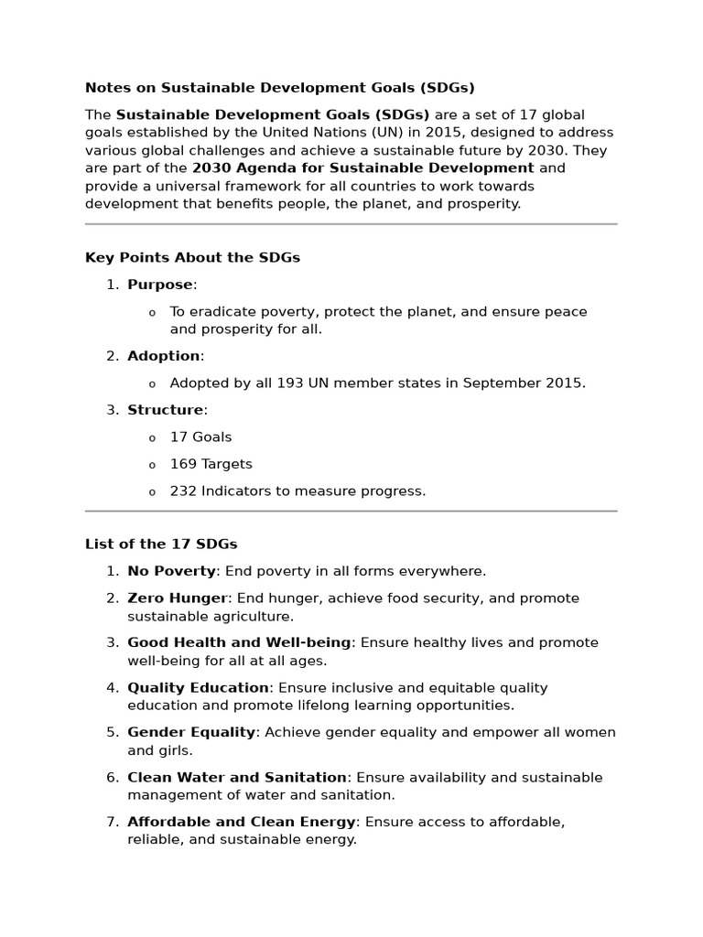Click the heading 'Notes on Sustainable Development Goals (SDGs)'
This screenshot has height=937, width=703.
tap(280, 88)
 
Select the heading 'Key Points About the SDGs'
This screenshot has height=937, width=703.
tap(192, 258)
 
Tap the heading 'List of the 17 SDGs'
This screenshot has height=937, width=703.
tap(161, 544)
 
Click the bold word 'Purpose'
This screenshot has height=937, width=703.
tap(160, 285)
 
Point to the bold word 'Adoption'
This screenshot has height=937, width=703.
tap(164, 356)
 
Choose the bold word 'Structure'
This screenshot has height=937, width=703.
tap(166, 410)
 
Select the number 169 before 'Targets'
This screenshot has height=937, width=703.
tap(183, 464)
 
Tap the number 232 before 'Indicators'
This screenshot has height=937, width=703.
tap(183, 491)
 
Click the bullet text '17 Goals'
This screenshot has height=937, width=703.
tap(200, 437)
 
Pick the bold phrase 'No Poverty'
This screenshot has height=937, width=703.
tap(171, 571)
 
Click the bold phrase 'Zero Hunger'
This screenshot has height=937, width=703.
tap(177, 598)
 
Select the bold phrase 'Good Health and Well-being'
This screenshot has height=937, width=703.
tap(239, 643)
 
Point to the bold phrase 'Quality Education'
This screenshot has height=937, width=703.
tap(198, 688)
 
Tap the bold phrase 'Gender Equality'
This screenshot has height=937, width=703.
tap(191, 733)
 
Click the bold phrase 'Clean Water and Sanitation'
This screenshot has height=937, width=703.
tap(237, 778)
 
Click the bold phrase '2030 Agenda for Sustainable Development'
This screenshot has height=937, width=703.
tap(362, 168)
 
